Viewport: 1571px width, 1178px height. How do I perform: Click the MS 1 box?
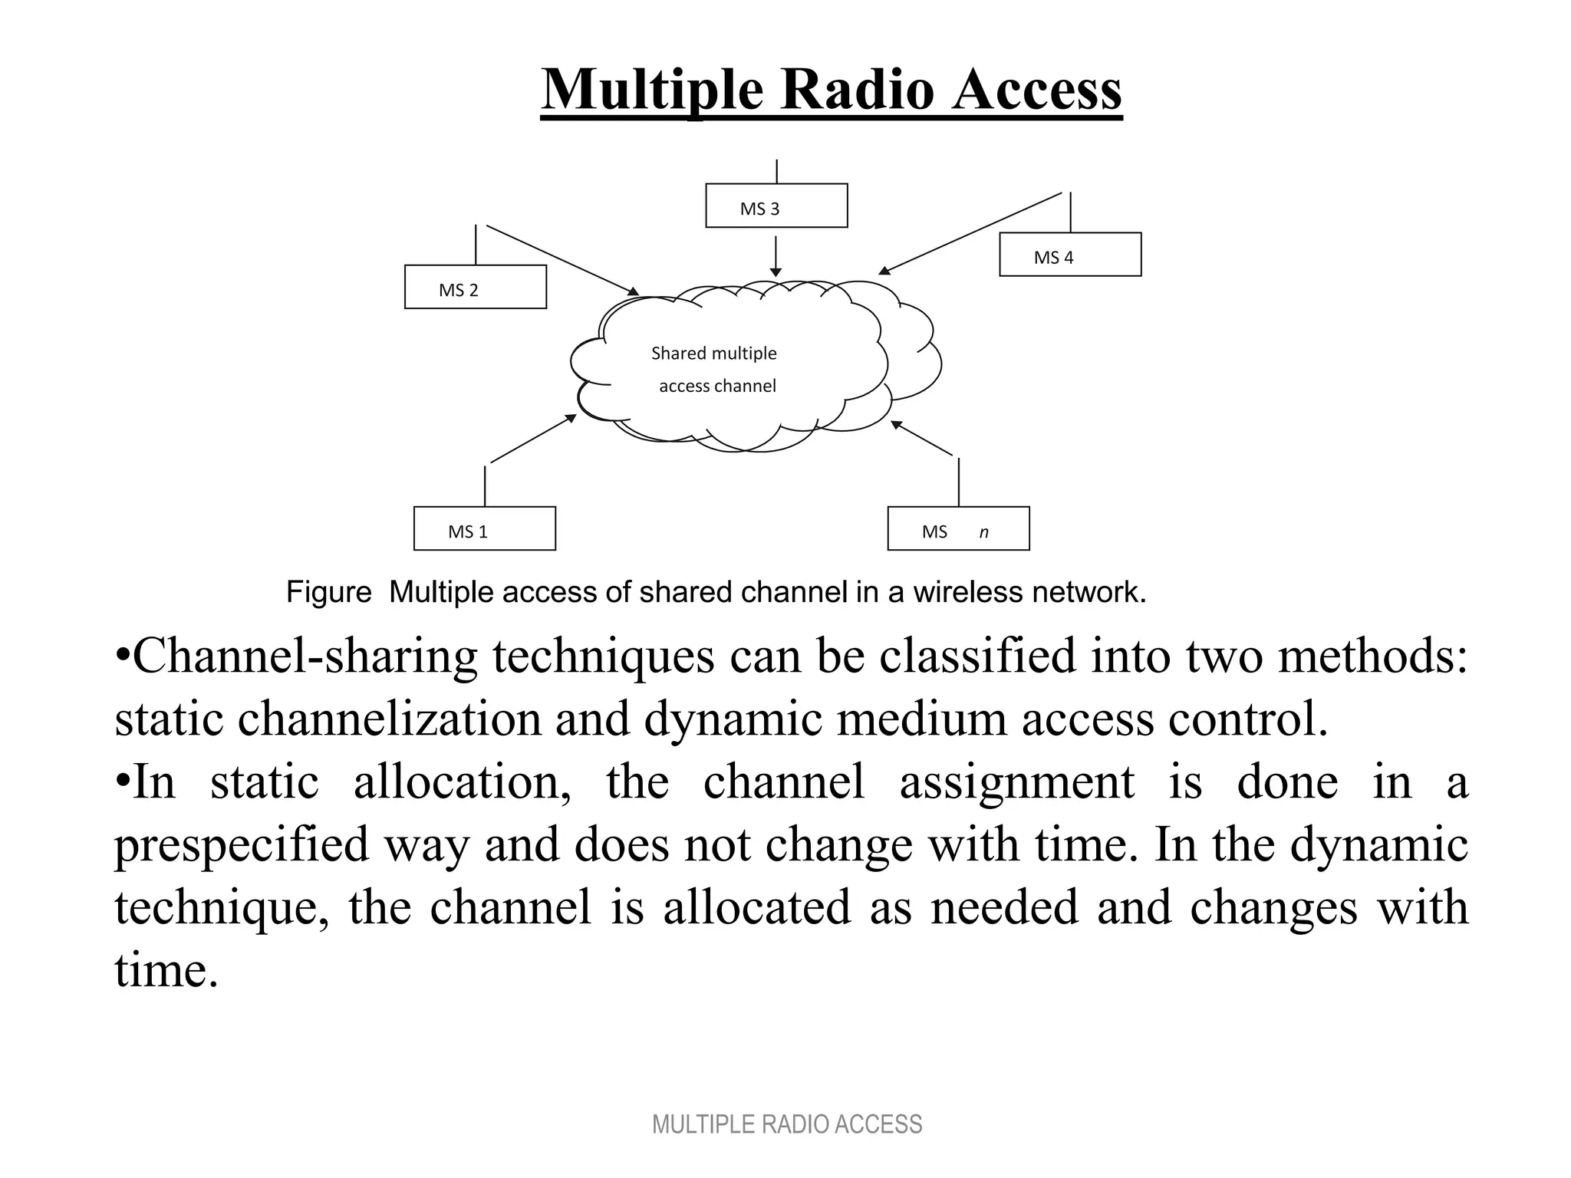[x=484, y=528]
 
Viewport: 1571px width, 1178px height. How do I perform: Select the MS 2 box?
[x=475, y=287]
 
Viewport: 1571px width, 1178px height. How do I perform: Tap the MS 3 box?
[x=776, y=206]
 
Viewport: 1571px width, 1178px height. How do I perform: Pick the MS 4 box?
[x=1070, y=255]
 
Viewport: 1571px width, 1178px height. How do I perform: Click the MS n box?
[x=958, y=528]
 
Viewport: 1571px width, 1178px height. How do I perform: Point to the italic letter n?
[x=984, y=532]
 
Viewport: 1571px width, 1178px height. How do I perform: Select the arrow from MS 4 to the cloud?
[x=970, y=233]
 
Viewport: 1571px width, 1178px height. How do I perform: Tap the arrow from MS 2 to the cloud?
[x=562, y=260]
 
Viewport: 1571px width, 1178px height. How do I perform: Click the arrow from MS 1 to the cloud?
[x=533, y=439]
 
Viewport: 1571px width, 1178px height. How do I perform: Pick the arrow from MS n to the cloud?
[x=921, y=438]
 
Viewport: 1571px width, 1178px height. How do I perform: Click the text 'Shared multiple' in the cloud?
[x=713, y=354]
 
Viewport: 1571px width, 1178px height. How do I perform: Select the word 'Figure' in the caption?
[x=328, y=592]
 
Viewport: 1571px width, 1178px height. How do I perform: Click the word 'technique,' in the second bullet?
[x=222, y=907]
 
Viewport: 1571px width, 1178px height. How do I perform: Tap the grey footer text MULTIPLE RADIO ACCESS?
[x=786, y=1124]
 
